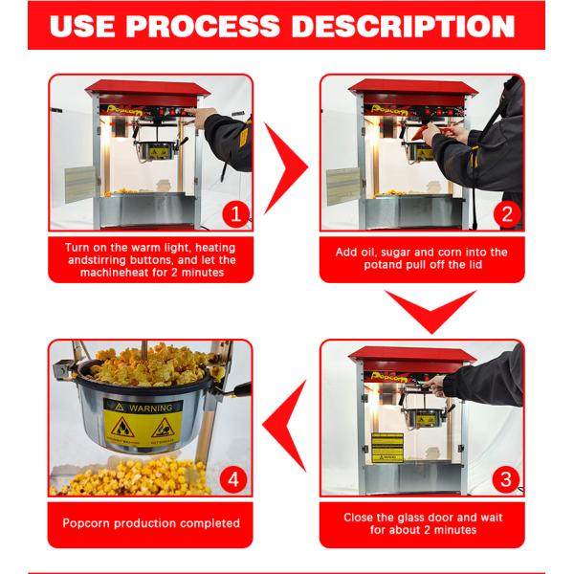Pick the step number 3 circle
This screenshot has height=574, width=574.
pyautogui.click(x=505, y=475)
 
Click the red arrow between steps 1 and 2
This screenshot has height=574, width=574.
pyautogui.click(x=285, y=166)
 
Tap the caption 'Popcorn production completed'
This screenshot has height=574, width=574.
pyautogui.click(x=151, y=523)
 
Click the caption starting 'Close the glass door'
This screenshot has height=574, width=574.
pyautogui.click(x=422, y=523)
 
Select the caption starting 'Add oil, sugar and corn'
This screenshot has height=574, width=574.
pyautogui.click(x=422, y=259)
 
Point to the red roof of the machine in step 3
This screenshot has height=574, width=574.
pyautogui.click(x=411, y=356)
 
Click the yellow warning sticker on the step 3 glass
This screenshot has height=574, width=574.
pyautogui.click(x=386, y=446)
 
